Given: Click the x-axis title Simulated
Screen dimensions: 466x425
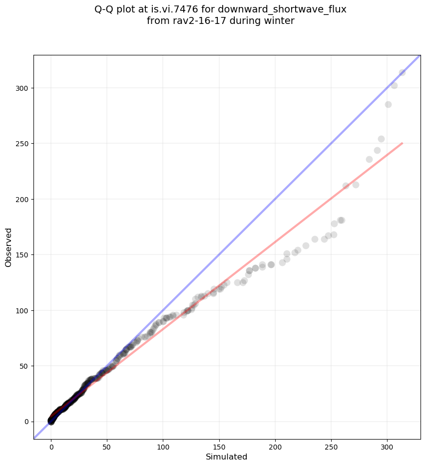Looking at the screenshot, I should tap(227, 457).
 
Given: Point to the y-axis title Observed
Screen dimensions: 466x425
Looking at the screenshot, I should tap(9, 247).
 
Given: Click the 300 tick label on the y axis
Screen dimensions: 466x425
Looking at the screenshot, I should tap(21, 88).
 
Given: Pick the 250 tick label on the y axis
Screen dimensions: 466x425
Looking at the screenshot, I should tap(21, 144).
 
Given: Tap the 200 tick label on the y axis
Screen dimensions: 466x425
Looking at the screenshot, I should tap(21, 199).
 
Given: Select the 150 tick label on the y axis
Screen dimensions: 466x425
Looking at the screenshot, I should tap(21, 255).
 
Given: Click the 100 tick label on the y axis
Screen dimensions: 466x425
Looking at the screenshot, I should tap(21, 310).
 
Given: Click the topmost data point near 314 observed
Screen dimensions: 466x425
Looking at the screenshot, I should tap(402, 72).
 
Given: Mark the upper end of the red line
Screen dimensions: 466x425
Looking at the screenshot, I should tap(402, 143).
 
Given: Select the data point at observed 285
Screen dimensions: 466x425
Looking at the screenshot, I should tap(388, 104).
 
